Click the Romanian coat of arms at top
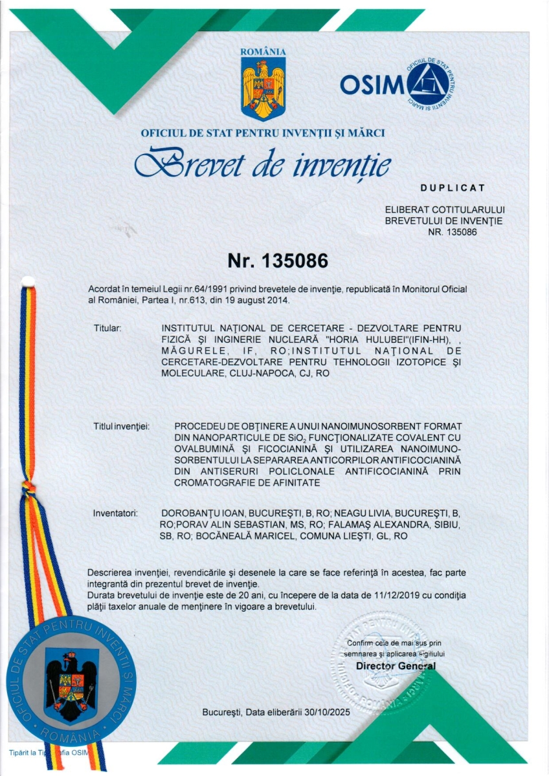(263, 89)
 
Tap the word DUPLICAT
(453, 188)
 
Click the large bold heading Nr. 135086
(278, 261)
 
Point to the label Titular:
(107, 329)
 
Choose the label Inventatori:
(116, 513)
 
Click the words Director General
(396, 666)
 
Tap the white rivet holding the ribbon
(27, 281)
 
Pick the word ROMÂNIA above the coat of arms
(263, 52)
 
